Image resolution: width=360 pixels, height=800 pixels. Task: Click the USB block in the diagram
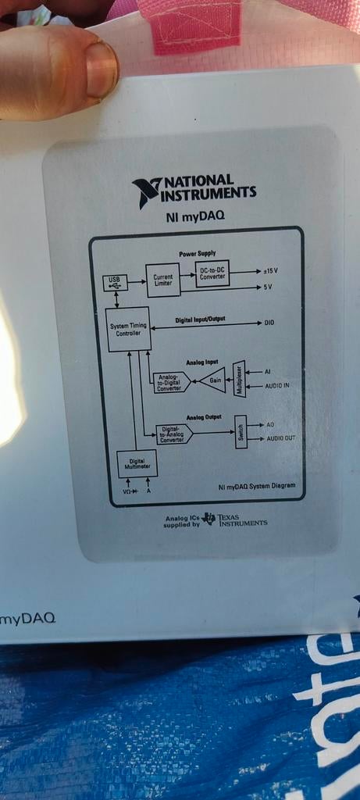tap(116, 283)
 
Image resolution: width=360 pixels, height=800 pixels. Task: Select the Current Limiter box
tap(163, 280)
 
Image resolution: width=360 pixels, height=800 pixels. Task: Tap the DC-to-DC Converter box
tap(212, 273)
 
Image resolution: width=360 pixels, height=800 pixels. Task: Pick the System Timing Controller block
tap(128, 329)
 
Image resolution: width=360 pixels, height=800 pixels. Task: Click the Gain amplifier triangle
tap(213, 381)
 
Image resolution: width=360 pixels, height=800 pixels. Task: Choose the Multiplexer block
tap(239, 379)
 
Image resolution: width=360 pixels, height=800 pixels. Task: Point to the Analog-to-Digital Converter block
tap(172, 383)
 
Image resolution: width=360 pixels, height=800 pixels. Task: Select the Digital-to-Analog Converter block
tap(174, 434)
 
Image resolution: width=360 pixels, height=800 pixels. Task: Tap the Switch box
tap(241, 431)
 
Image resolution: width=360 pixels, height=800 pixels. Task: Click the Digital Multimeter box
tap(137, 464)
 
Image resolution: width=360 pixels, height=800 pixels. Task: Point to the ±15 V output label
tap(270, 271)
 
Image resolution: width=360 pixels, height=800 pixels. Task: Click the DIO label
tap(270, 323)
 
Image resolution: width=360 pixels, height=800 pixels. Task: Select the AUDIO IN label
tap(277, 386)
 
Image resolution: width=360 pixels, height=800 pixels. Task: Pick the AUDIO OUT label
tap(281, 438)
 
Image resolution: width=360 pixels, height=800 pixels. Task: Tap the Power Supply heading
tap(197, 253)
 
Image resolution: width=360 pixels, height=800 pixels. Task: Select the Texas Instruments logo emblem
tap(209, 519)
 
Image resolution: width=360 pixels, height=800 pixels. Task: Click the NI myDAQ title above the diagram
tap(195, 217)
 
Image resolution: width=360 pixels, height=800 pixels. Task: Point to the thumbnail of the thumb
tap(102, 69)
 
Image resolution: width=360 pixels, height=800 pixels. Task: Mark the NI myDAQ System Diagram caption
tap(256, 486)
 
